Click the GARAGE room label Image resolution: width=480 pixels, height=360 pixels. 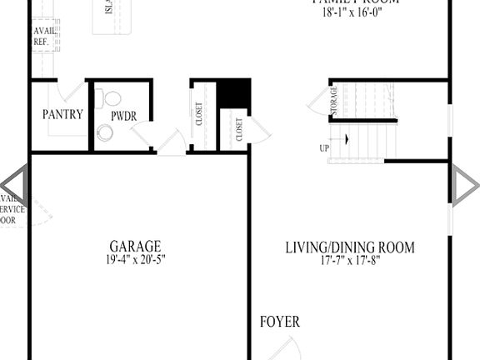[x=134, y=246]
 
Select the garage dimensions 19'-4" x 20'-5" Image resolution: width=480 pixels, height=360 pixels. [x=134, y=259]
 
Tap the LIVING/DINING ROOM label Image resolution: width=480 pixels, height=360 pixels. [x=349, y=247]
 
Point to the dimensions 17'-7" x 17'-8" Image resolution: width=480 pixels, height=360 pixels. [x=349, y=260]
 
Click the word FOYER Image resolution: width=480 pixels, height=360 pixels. [x=279, y=322]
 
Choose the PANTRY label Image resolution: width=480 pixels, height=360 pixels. [x=62, y=114]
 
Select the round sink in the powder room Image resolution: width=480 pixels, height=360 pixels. [x=105, y=132]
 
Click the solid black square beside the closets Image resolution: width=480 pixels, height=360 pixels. [x=233, y=93]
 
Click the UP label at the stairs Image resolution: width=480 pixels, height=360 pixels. [x=323, y=148]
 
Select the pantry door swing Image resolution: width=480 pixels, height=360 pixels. [x=73, y=94]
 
